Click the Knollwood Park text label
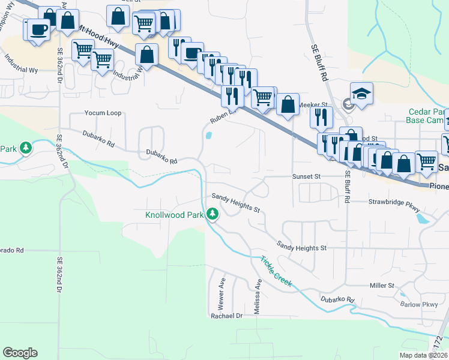(173, 214)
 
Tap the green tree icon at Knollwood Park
(212, 214)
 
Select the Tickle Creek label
(276, 272)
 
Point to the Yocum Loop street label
(103, 113)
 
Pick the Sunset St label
(307, 177)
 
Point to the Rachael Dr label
(226, 315)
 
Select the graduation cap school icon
(362, 94)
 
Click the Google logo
(20, 353)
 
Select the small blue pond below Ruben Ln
(208, 136)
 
